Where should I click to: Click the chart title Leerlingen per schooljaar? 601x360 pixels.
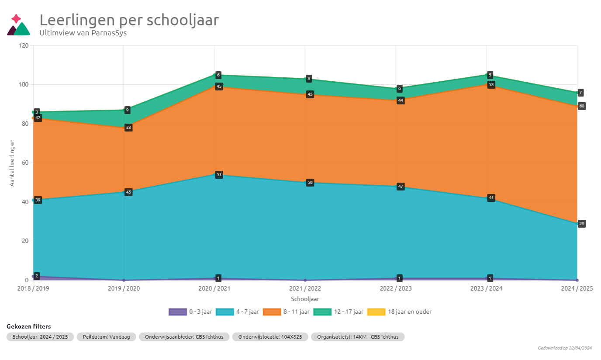[129, 20]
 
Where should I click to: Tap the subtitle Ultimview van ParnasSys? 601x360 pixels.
[83, 32]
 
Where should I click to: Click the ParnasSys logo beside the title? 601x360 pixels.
[18, 25]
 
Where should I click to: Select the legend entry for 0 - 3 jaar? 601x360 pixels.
[190, 312]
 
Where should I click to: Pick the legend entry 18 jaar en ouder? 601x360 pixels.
[399, 312]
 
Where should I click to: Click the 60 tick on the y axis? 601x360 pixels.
[25, 163]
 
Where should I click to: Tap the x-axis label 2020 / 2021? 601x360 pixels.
[214, 288]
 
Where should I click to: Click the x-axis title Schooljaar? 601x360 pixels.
[305, 299]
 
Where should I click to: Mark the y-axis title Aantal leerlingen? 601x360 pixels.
[12, 163]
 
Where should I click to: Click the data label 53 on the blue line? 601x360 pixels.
[219, 175]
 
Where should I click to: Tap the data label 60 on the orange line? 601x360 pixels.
[581, 106]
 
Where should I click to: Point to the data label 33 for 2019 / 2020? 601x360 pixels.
[128, 128]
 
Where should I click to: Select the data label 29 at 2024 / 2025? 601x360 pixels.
[581, 224]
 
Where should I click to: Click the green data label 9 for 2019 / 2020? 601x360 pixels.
[128, 110]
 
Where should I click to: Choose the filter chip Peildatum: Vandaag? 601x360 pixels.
[106, 337]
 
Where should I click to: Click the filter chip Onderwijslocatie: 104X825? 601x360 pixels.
[270, 337]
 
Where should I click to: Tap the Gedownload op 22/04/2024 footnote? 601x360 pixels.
[565, 348]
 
